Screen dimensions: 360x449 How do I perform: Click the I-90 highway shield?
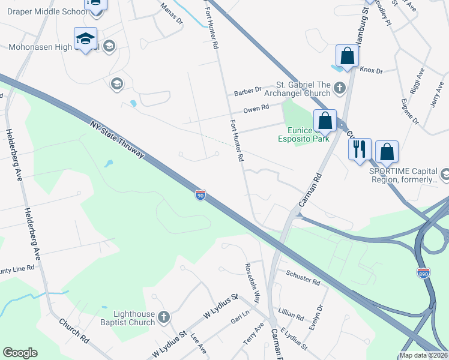[200, 195]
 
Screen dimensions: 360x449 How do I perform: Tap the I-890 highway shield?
[424, 272]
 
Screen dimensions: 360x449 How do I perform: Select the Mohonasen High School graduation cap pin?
[85, 40]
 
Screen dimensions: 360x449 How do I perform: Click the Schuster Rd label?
[303, 278]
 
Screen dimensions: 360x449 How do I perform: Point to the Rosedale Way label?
[252, 283]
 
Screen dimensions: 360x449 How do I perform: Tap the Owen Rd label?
[256, 109]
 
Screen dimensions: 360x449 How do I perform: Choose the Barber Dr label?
[248, 91]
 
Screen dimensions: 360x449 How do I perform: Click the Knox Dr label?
[371, 70]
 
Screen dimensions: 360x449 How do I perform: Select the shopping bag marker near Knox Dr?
[347, 56]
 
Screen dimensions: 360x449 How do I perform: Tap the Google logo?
[20, 353]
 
